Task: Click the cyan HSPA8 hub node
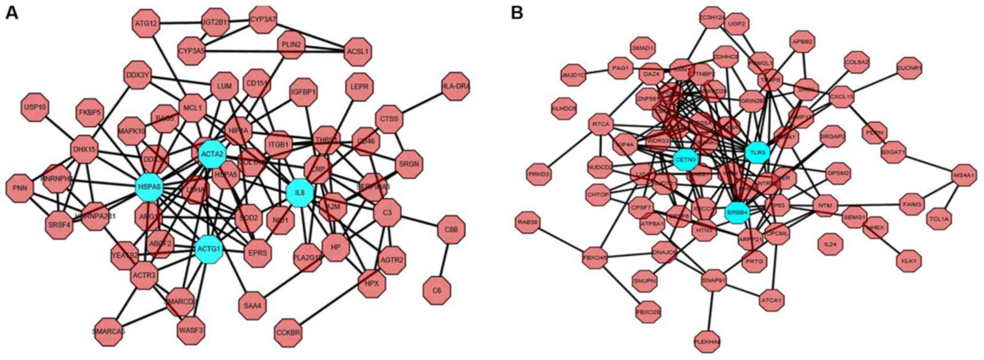point(149,187)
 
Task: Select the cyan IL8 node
point(300,193)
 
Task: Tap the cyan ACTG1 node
point(209,249)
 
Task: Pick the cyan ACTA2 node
point(212,154)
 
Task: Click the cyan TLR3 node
point(757,153)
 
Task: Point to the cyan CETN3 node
point(686,159)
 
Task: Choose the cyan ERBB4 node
point(737,212)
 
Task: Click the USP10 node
point(35,107)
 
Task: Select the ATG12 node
point(146,23)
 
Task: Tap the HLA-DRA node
point(456,86)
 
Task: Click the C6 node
point(437,290)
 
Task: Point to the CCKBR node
point(288,333)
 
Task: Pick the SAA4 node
point(252,306)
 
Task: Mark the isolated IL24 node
point(830,244)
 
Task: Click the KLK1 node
point(908,261)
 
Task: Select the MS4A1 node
point(964,175)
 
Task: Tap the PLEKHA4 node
point(707,342)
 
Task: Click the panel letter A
point(11,13)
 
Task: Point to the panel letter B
point(517,13)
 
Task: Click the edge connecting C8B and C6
point(444,260)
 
